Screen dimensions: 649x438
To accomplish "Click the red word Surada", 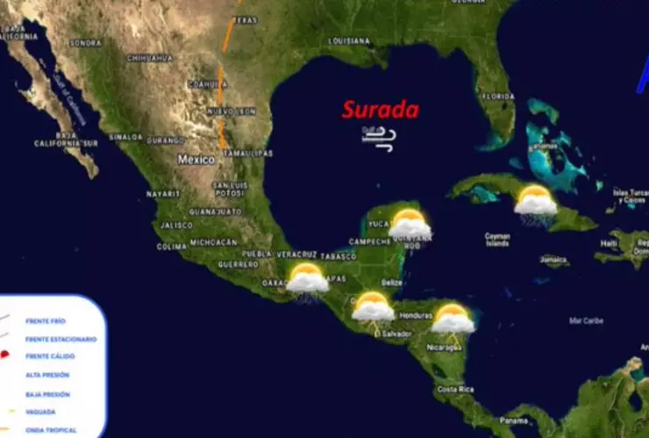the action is coord(380,110).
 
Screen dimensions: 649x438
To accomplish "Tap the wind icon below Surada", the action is coord(379,137).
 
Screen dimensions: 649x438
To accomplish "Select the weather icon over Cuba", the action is coord(535,201).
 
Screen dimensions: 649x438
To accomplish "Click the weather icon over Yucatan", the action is coord(410,224).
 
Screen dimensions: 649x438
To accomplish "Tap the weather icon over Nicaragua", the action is coord(453,318).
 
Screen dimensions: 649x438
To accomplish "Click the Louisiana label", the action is coord(349,41).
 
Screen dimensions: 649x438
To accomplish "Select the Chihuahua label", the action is coord(149,58).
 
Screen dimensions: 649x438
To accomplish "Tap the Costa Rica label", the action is coord(455,389).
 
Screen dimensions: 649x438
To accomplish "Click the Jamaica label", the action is coord(553,260).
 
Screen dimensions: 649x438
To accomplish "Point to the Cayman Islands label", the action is coord(497,239).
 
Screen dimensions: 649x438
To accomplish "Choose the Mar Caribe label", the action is coord(586,320).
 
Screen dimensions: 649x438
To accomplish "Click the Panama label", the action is coord(513,420).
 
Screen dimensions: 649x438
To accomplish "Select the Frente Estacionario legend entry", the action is coord(61,339).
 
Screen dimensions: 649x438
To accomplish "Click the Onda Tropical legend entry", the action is coord(51,430).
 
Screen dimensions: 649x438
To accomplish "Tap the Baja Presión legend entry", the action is coord(47,393).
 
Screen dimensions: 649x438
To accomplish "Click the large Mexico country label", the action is coord(196,160).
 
